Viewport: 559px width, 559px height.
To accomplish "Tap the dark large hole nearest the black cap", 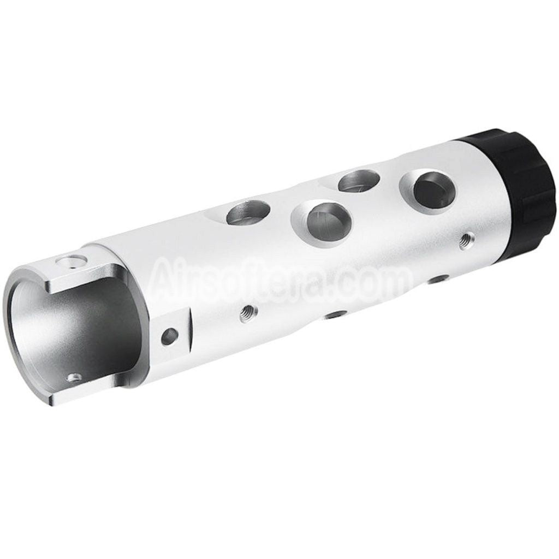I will (x=434, y=190).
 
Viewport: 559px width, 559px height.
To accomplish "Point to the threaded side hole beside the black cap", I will (x=466, y=239).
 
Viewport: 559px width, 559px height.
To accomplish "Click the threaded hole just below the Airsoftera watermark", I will (x=248, y=313).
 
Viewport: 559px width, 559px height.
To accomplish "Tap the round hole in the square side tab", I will (x=169, y=336).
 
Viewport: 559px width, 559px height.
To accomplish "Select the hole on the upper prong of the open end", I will (x=72, y=261).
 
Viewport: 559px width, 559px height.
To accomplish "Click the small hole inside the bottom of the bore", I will (x=74, y=377).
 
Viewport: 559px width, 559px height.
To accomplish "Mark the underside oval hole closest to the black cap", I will (x=437, y=279).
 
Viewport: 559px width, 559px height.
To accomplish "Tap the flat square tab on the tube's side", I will (x=172, y=338).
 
